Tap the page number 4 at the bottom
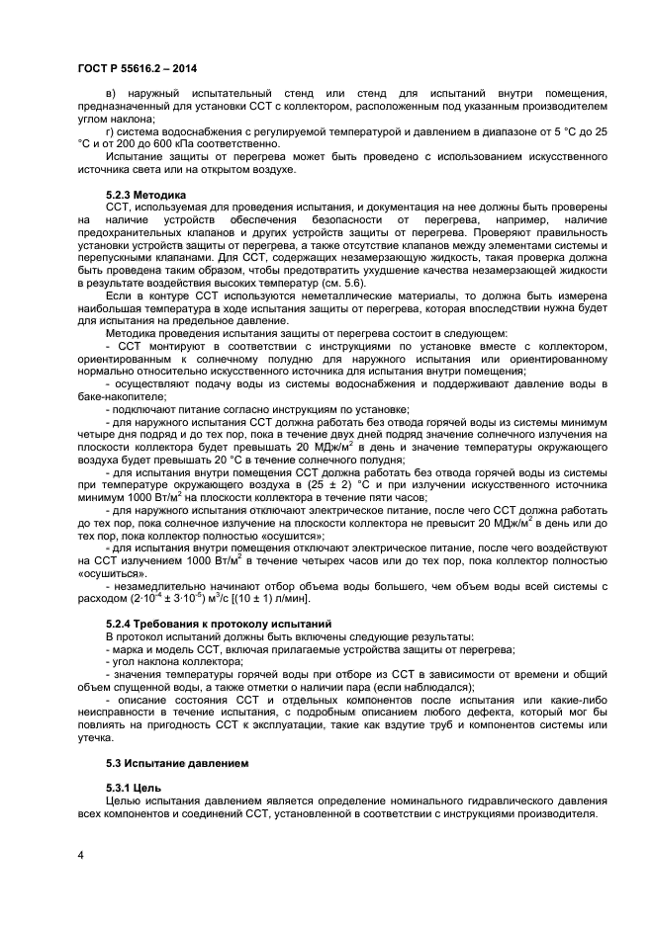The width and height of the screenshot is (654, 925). pos(80,854)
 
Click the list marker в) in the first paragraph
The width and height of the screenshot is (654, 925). pos(112,94)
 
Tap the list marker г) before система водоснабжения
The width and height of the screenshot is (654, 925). pos(111,130)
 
